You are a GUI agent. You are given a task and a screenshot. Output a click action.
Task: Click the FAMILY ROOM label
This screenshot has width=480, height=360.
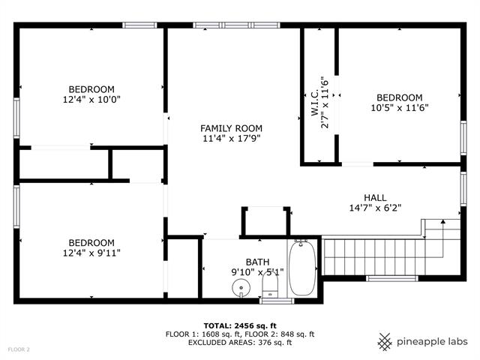231,128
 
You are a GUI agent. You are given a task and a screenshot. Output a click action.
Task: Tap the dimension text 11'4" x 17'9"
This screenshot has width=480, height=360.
231,139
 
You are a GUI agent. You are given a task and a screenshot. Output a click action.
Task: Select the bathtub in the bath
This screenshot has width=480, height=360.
302,268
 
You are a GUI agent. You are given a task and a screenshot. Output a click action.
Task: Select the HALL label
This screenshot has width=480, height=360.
375,197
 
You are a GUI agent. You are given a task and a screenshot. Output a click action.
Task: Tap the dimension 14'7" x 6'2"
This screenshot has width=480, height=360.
375,208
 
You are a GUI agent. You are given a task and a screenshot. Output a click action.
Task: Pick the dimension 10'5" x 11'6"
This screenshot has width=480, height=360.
399,108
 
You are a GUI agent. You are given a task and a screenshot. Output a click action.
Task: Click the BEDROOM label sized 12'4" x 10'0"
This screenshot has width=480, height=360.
91,88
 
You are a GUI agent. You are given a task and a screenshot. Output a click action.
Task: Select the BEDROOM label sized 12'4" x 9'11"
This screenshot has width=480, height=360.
91,242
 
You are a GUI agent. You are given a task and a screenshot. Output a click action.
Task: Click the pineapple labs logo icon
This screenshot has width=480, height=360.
385,341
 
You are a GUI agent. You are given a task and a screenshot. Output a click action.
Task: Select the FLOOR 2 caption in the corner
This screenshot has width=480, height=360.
19,349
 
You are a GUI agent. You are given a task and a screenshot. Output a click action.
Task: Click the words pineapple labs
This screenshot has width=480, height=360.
433,341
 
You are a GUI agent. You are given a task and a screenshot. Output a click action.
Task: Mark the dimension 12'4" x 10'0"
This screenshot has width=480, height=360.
91,98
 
